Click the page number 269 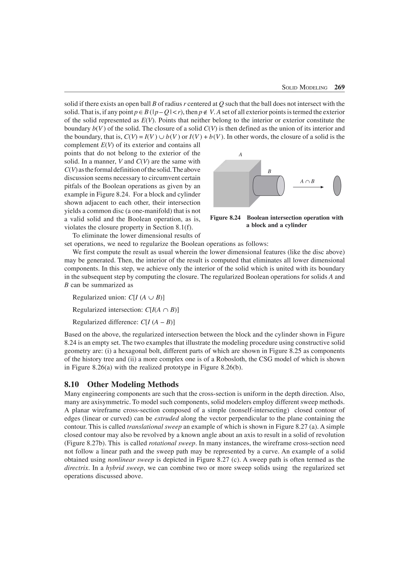[339, 87]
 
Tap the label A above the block [240, 155]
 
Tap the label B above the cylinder [269, 172]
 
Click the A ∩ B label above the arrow [307, 181]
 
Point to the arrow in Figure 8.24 [308, 187]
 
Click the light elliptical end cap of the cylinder [280, 185]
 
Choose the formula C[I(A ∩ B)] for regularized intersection [162, 310]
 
